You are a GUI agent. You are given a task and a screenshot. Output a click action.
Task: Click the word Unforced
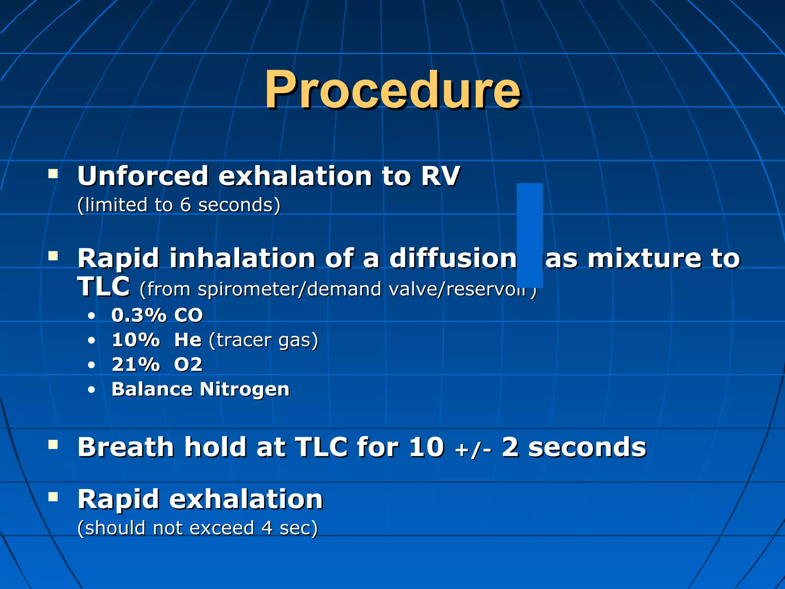point(143,176)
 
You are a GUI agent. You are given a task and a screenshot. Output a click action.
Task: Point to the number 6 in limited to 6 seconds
point(185,205)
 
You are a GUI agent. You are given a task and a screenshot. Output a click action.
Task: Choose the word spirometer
point(250,290)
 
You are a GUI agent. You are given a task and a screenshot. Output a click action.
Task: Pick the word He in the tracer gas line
point(188,340)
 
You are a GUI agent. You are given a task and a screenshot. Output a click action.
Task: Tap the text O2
point(188,365)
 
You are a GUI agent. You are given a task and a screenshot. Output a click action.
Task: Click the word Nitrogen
point(244,390)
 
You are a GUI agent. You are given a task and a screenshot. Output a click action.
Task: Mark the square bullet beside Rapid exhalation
point(53,497)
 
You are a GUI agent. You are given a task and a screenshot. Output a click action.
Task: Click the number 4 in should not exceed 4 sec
point(267,528)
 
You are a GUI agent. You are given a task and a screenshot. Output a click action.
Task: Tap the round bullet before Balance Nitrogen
point(91,390)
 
